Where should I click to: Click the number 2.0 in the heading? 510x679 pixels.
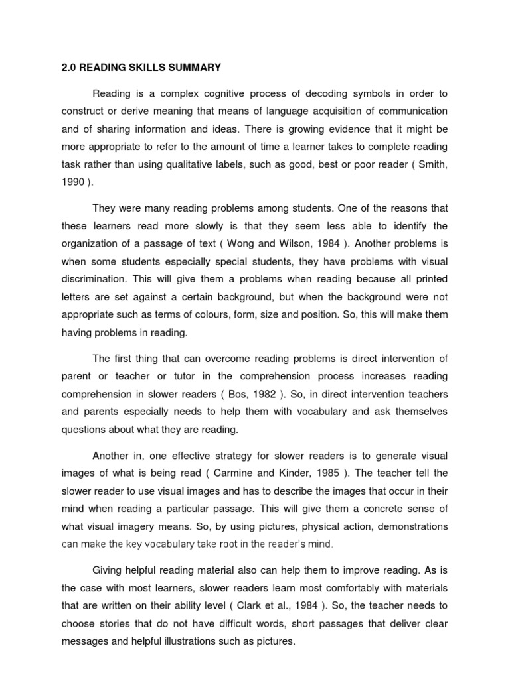tap(69, 68)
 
